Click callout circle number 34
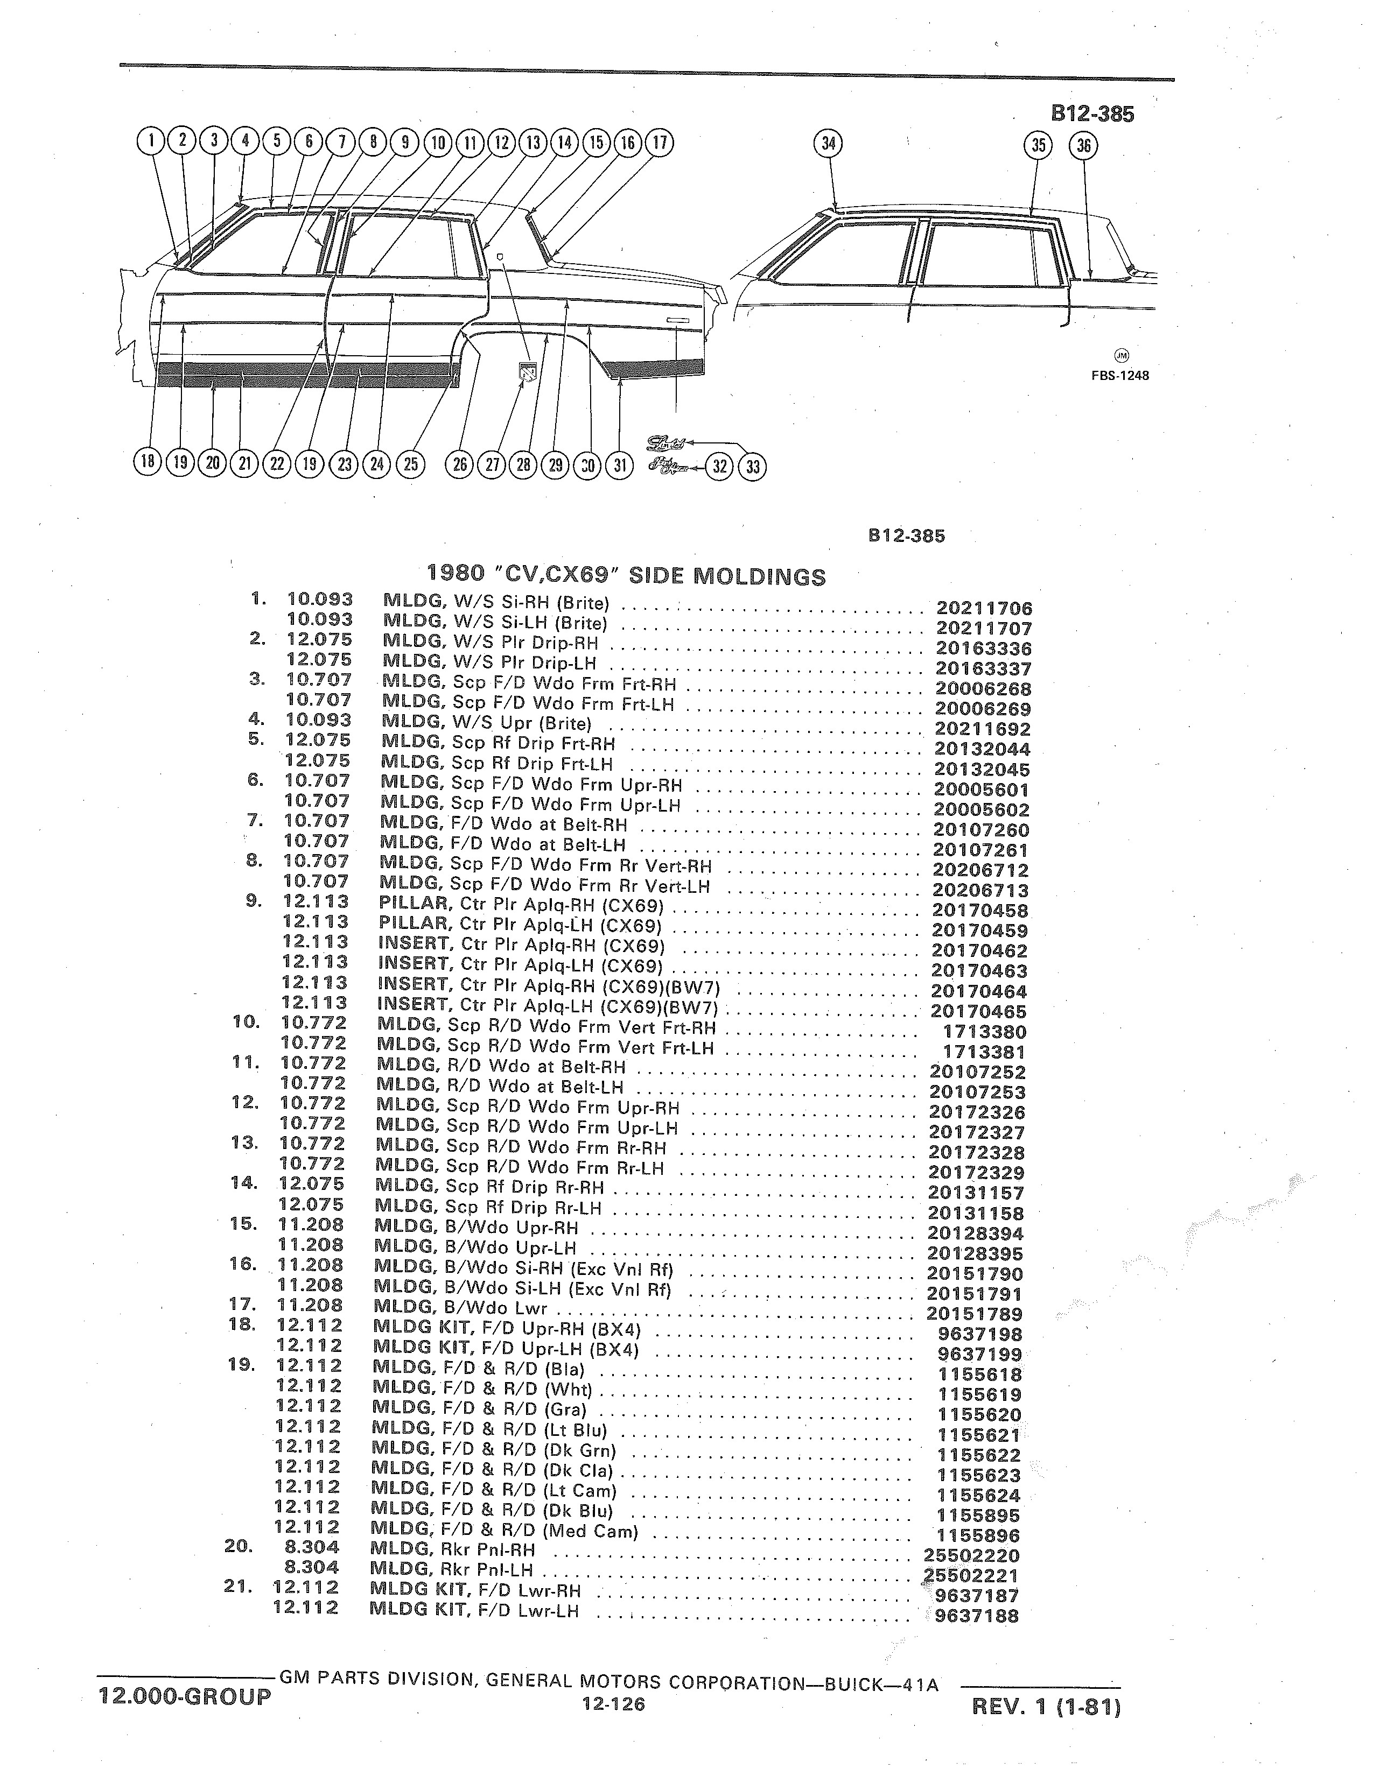tap(828, 144)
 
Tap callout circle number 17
tap(660, 143)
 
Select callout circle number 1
tap(150, 142)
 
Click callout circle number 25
tap(411, 463)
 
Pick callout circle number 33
tap(752, 467)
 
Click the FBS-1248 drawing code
tap(1120, 376)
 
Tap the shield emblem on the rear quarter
tap(527, 373)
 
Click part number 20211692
tap(983, 729)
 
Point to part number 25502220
tap(972, 1556)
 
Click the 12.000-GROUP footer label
tap(184, 1697)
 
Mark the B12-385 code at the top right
tap(1092, 114)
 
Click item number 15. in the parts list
tap(243, 1224)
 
